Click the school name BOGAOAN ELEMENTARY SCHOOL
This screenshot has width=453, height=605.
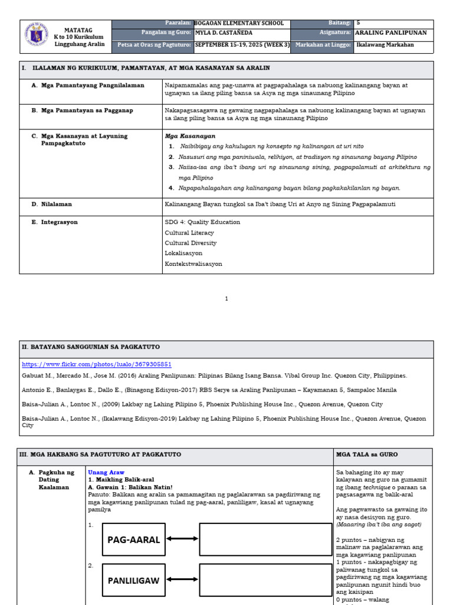click(239, 24)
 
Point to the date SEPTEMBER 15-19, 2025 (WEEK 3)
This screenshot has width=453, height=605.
click(242, 44)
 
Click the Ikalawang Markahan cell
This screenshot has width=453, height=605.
click(385, 44)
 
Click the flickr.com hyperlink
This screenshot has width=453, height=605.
click(97, 365)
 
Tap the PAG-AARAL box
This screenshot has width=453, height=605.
click(133, 539)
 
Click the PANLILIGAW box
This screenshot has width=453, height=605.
click(133, 581)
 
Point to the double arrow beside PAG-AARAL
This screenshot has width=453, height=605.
click(182, 539)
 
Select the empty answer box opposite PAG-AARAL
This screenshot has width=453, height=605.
click(265, 539)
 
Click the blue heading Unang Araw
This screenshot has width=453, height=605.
click(106, 473)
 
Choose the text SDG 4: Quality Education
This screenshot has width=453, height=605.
click(202, 222)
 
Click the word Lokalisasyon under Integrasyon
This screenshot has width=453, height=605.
click(183, 253)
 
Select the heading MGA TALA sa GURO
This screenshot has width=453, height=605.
click(367, 454)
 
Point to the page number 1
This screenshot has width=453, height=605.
click(226, 299)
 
